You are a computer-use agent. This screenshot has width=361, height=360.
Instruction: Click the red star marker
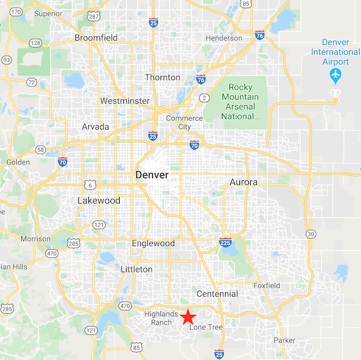189,317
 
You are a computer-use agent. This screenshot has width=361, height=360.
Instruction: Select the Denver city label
152,175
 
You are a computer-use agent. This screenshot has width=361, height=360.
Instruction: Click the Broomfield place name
96,38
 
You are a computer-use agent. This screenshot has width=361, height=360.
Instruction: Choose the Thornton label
162,78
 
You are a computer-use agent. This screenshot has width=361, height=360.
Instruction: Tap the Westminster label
125,101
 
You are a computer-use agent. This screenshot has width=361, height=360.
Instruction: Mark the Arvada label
95,126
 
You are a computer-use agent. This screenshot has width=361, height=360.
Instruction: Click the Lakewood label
98,201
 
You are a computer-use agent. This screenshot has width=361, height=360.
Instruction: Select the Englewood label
154,243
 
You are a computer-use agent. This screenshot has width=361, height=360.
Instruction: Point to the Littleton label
136,269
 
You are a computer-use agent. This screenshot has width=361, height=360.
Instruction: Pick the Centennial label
217,294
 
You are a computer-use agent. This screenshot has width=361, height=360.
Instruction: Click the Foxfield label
266,285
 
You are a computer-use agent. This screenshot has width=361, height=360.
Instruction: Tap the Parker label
284,341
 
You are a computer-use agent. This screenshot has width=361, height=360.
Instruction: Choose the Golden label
18,162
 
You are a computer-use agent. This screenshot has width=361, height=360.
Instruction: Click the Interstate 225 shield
226,242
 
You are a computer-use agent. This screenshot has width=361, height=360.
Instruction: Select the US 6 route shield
92,185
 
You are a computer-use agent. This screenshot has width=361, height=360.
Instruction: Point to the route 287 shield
93,16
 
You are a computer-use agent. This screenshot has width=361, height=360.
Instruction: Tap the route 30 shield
310,234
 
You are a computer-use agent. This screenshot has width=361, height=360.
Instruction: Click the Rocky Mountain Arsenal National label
244,102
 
